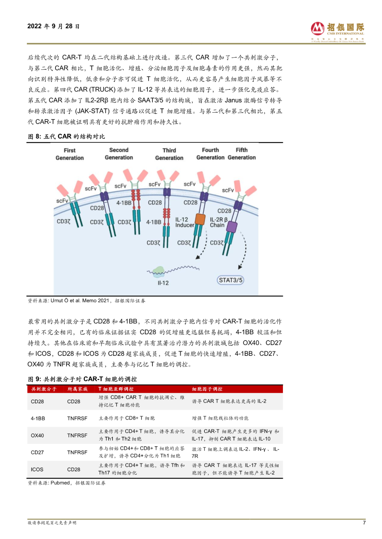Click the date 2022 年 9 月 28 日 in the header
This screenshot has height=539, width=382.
click(53, 26)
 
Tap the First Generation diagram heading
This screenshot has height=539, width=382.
click(70, 154)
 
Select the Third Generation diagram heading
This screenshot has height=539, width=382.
click(169, 154)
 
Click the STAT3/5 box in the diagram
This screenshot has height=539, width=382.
click(231, 280)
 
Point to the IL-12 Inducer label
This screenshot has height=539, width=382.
click(184, 222)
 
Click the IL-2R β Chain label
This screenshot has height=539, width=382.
click(218, 222)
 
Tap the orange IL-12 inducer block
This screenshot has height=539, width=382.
click(200, 219)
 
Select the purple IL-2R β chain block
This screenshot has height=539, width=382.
click(232, 227)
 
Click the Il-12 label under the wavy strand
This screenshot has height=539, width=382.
click(163, 283)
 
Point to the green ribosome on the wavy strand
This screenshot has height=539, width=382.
click(158, 271)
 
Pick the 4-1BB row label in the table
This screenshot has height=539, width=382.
click(38, 419)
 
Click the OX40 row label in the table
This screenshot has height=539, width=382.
click(37, 436)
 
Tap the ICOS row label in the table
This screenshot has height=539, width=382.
click(37, 469)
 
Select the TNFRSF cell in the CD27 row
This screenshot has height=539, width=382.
click(77, 452)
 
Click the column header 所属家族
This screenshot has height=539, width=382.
click(77, 389)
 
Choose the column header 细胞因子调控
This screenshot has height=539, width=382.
click(207, 389)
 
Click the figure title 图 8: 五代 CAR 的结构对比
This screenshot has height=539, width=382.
click(66, 136)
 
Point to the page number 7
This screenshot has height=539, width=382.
click(364, 522)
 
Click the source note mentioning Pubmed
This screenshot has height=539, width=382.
click(66, 483)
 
